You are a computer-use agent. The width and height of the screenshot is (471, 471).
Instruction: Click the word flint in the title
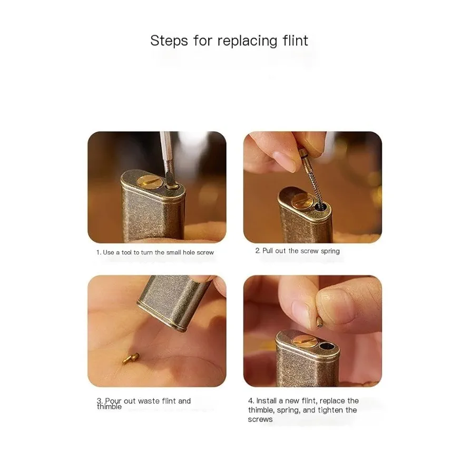(x=295, y=41)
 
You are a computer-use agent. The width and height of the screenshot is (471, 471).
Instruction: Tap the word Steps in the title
(x=169, y=41)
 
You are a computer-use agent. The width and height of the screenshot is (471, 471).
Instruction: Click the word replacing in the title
(x=247, y=42)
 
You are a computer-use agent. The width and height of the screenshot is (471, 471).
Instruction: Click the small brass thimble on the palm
(x=131, y=358)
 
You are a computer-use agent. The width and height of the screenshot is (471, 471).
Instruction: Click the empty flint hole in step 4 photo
(x=327, y=346)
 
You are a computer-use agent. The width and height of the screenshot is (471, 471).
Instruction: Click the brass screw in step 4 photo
(x=302, y=342)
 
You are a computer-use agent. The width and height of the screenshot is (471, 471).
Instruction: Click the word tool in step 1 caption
(x=126, y=252)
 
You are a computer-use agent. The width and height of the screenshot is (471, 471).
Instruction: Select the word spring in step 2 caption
(x=330, y=251)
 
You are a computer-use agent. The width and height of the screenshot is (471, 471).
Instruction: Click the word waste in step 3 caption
(x=149, y=401)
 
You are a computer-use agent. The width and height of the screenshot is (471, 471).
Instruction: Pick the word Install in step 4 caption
(x=266, y=401)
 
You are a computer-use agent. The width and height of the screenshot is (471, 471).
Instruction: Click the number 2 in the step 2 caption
(x=258, y=251)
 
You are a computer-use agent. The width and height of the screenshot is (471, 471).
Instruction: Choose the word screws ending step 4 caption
(x=260, y=420)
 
